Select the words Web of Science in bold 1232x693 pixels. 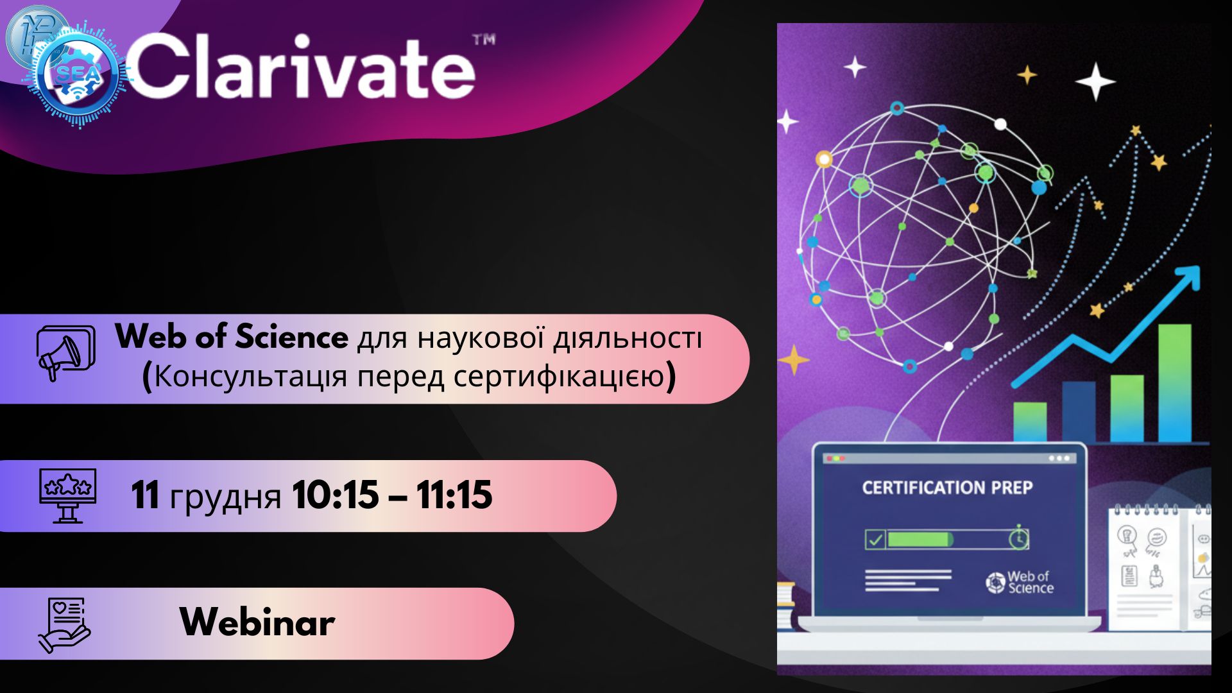pos(232,336)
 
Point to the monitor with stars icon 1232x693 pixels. pos(68,495)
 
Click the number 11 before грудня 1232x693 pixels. pos(145,495)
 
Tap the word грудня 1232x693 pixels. pos(225,498)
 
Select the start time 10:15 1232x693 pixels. pos(335,495)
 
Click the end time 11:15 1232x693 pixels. pos(454,495)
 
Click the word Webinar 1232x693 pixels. pos(257,622)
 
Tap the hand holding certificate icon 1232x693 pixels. pos(64,626)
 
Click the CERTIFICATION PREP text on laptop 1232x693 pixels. pos(947,488)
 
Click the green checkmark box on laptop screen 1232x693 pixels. pos(875,540)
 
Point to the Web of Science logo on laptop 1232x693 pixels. pos(1020,583)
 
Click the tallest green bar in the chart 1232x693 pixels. pos(1174,383)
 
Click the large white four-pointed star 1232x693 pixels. pos(1095,81)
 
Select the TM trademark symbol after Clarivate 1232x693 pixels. pos(484,40)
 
